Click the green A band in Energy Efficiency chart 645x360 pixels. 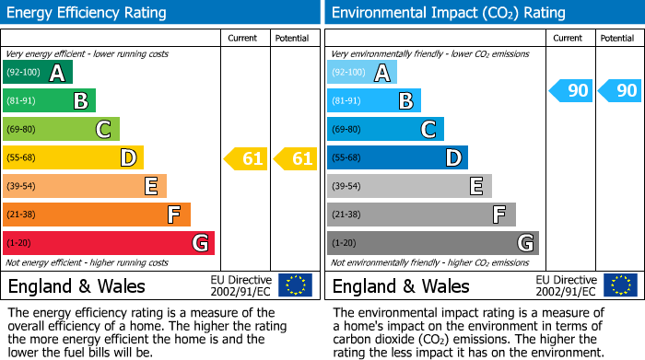(x=38, y=73)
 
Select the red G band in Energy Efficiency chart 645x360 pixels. (x=109, y=243)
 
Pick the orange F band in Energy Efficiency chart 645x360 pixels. (x=97, y=215)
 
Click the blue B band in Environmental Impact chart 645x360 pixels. (x=374, y=100)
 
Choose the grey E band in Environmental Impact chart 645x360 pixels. (x=409, y=187)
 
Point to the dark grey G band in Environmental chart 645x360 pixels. (x=432, y=243)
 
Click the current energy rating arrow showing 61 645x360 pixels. (x=246, y=158)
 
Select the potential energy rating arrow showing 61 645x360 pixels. (x=296, y=158)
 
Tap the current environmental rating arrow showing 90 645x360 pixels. (x=571, y=90)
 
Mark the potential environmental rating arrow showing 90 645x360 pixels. (x=621, y=90)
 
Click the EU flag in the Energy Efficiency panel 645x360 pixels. (x=295, y=285)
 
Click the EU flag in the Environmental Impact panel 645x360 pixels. (x=620, y=285)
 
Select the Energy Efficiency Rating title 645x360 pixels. (x=88, y=13)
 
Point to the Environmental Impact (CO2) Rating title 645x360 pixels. (x=448, y=13)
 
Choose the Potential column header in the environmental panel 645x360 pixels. (x=617, y=38)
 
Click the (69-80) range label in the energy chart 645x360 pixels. (x=21, y=130)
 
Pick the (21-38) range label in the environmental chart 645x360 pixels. (x=346, y=215)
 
